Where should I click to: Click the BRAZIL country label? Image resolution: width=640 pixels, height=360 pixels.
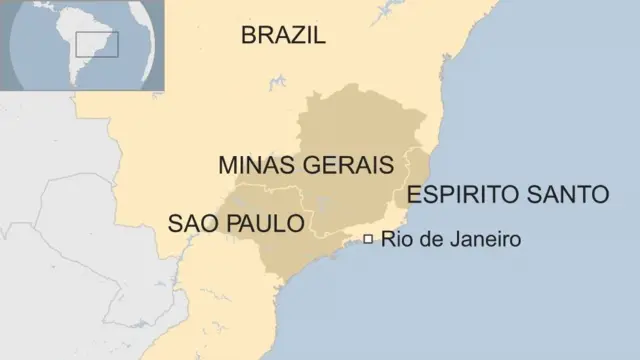pyautogui.click(x=284, y=36)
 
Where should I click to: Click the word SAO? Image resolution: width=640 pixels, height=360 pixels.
pyautogui.click(x=190, y=223)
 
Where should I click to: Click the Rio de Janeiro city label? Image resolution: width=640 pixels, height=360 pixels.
pyautogui.click(x=450, y=240)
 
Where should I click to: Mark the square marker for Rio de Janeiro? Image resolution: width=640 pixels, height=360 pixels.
pyautogui.click(x=368, y=239)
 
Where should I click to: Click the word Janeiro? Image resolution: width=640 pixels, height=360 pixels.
pyautogui.click(x=486, y=240)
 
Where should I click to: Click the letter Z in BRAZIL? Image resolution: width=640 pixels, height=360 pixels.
pyautogui.click(x=294, y=36)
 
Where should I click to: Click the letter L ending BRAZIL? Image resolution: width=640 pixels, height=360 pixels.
pyautogui.click(x=320, y=36)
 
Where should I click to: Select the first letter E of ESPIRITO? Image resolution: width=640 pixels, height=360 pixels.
pyautogui.click(x=414, y=194)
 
